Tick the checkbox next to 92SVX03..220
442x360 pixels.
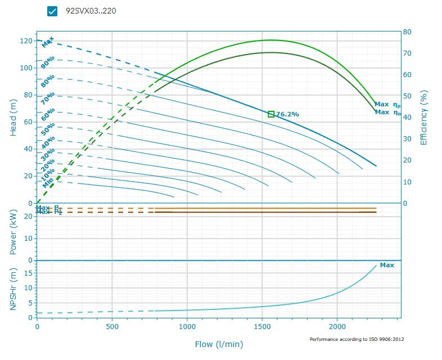tap(53, 11)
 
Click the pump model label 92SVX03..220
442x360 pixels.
tap(91, 11)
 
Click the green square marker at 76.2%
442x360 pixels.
tap(271, 114)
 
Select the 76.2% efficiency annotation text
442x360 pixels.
tap(287, 114)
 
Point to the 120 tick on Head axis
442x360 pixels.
tap(26, 40)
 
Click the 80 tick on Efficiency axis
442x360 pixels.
tap(407, 32)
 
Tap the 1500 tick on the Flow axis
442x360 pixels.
tap(263, 326)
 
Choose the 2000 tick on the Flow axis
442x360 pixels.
tap(337, 326)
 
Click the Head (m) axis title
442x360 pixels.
tap(13, 117)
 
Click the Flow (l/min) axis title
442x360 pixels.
tap(219, 344)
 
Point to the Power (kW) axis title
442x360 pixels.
tap(13, 232)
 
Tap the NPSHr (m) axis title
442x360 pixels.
tap(13, 290)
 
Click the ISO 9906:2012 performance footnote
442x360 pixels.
tap(357, 340)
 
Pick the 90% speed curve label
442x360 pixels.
tap(48, 62)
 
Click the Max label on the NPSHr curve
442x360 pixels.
tap(387, 265)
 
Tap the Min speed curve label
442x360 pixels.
tap(48, 183)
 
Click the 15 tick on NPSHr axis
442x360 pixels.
tap(28, 273)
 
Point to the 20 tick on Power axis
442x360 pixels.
tap(28, 216)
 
